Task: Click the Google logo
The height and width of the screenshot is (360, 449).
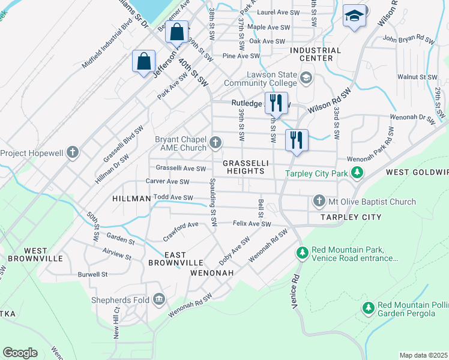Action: point(20,353)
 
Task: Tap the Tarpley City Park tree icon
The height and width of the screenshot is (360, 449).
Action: point(357,173)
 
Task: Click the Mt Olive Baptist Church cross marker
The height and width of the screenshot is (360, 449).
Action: point(319,202)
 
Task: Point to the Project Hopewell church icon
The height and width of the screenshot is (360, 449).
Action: point(73,152)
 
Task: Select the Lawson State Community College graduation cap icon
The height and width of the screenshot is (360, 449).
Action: point(306,77)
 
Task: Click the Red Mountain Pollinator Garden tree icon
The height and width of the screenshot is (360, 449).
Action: point(369,308)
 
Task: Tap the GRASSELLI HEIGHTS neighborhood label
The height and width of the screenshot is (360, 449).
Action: point(245,167)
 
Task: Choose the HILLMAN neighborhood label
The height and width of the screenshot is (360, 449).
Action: point(131,198)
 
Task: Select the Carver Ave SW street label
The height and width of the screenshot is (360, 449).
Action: point(167,182)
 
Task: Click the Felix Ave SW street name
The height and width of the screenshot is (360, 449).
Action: point(252,224)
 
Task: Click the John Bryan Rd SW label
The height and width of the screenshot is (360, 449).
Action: point(408,40)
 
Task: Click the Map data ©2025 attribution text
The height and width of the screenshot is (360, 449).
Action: point(423,355)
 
